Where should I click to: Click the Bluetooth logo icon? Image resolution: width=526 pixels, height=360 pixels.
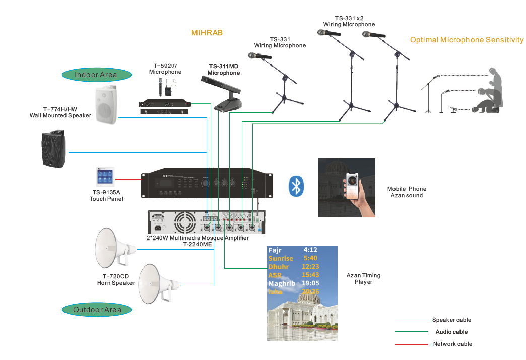[296, 186]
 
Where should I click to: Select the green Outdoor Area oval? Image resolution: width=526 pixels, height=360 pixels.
[97, 310]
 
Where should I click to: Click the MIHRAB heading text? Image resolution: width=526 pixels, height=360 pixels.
[207, 33]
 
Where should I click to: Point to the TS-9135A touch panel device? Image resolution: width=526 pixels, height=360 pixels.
[106, 177]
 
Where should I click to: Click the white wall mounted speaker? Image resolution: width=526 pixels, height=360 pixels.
[106, 104]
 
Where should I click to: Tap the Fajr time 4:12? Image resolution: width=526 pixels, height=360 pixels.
[310, 250]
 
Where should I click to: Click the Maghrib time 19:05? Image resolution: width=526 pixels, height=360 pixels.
[310, 283]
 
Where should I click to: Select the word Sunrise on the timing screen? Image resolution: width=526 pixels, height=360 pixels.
[281, 258]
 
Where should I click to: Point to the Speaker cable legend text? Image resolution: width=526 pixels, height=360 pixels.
[451, 320]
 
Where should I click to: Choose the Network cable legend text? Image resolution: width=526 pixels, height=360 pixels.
[452, 344]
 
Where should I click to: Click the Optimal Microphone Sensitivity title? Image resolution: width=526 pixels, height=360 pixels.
[467, 40]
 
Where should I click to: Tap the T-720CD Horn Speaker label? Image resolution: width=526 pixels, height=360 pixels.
[116, 280]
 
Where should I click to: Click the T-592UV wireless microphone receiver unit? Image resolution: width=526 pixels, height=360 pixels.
[166, 104]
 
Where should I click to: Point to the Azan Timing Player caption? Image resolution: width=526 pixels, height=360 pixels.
[363, 279]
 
